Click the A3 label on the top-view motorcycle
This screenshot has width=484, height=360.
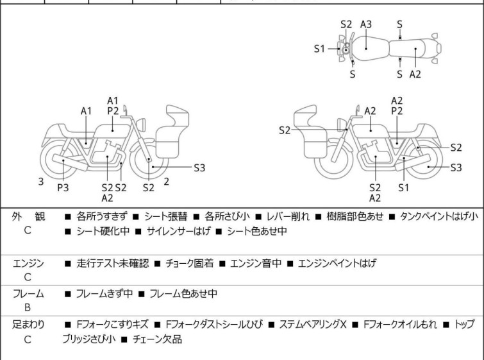[x=366, y=24]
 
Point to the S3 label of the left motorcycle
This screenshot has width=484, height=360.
[x=199, y=168]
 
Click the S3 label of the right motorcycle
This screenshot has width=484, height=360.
[x=456, y=168]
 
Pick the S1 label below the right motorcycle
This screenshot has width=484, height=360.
[x=403, y=187]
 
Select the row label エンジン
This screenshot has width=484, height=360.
[x=28, y=263]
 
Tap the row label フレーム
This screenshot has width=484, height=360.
[x=28, y=294]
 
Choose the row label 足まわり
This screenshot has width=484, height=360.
[x=28, y=325]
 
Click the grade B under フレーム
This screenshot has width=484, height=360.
[x=28, y=307]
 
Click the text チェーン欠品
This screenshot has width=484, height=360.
[x=158, y=339]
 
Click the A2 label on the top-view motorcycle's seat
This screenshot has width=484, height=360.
[x=415, y=74]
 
